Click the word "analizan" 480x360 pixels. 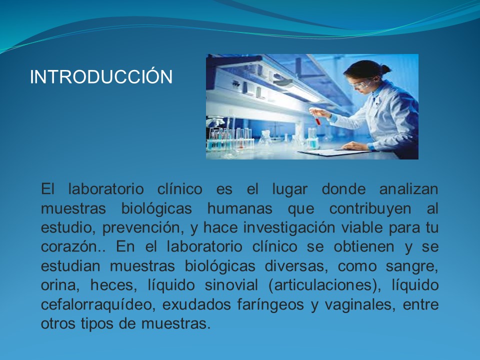(408, 189)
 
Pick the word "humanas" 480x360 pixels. (239, 208)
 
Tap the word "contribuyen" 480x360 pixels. (370, 209)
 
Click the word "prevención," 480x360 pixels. (143, 228)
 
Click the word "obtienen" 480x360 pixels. (364, 246)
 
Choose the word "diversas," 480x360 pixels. (296, 266)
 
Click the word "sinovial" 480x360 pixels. (231, 285)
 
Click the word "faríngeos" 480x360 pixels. (270, 305)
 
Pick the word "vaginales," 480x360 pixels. (359, 305)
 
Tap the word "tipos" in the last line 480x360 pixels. (96, 324)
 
